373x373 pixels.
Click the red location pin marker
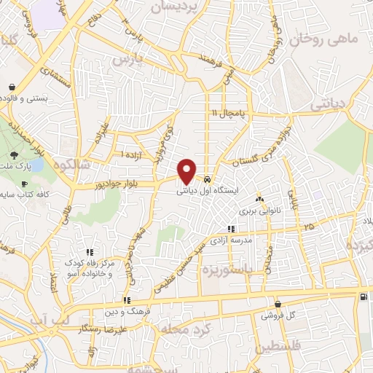[x=187, y=171]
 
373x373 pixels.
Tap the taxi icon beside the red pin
[x=208, y=179]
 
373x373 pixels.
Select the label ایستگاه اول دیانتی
[x=206, y=193]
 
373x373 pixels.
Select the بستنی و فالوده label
[x=28, y=98]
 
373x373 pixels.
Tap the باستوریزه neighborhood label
[x=251, y=270]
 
